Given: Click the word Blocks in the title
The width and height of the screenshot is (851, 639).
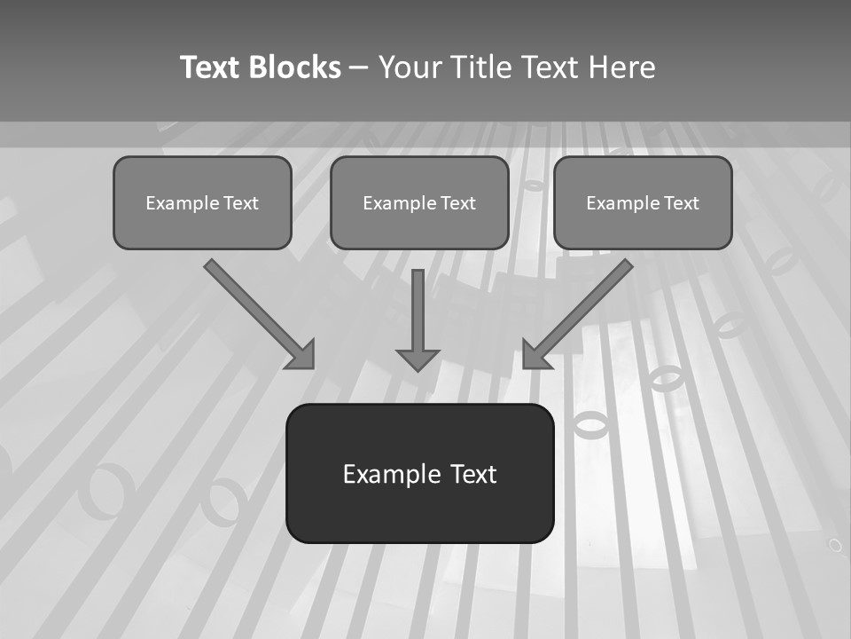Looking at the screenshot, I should [x=296, y=67].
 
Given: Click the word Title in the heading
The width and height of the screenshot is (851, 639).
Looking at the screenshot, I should [x=483, y=67].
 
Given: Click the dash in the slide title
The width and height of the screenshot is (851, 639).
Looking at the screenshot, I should [x=359, y=67].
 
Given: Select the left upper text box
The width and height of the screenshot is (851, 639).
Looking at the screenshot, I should [x=202, y=202].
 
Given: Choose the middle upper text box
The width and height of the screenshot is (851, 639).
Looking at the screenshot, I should [x=419, y=202].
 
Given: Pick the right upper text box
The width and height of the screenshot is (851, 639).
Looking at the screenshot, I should [x=643, y=202].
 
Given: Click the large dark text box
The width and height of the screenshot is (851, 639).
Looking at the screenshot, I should [x=419, y=473].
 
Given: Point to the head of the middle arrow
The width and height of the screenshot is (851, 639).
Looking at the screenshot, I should [x=418, y=359].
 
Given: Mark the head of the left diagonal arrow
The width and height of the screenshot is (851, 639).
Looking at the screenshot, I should [x=302, y=355].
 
